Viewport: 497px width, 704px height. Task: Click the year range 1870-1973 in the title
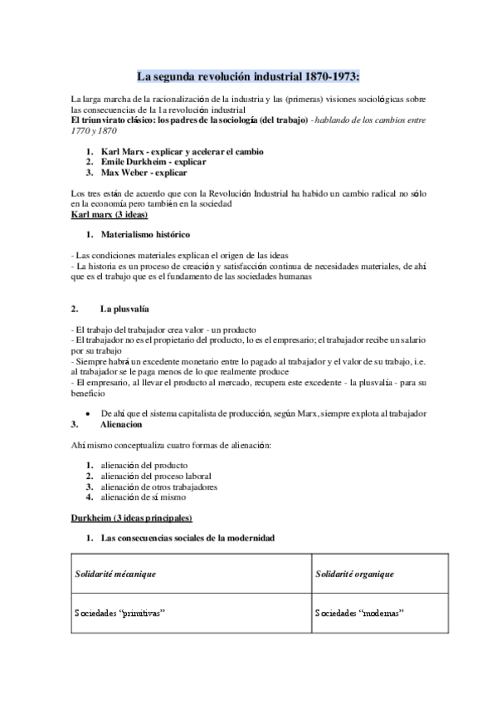(x=330, y=77)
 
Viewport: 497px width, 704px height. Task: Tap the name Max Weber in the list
(x=124, y=174)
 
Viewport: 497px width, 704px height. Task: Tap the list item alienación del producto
(x=143, y=465)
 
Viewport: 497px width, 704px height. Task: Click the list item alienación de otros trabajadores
(x=158, y=486)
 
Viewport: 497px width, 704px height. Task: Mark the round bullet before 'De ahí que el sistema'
(x=88, y=413)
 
